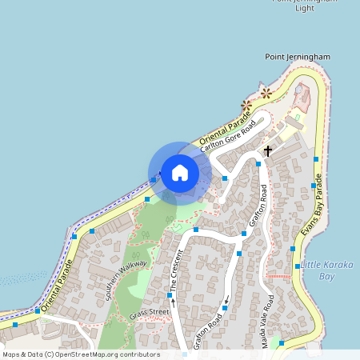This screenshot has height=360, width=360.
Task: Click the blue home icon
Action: tap(180, 173)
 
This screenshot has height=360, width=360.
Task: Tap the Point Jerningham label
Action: tap(297, 57)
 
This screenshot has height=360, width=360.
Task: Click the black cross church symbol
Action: tap(267, 150)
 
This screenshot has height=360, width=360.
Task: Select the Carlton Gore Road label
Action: tap(230, 137)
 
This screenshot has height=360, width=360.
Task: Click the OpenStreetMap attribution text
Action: tap(81, 354)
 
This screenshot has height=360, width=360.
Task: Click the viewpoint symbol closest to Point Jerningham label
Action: tap(266, 94)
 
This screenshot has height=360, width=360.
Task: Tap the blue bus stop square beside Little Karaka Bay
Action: tap(297, 266)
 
